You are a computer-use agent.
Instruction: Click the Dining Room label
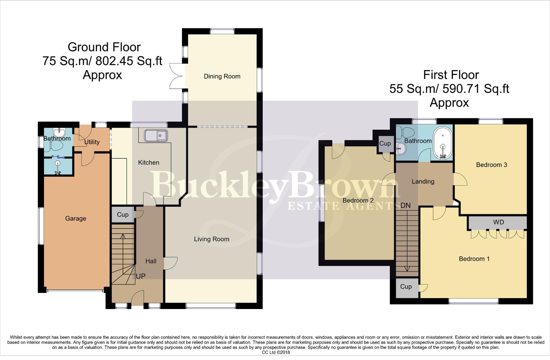[x=222, y=76]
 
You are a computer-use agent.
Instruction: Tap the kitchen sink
[x=156, y=136]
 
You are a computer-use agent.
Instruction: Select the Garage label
[x=75, y=218]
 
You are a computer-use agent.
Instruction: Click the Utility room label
[x=92, y=142]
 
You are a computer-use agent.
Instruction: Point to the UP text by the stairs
[x=141, y=276]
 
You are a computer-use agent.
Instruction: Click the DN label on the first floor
[x=405, y=205]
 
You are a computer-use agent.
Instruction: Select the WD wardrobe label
[x=498, y=222]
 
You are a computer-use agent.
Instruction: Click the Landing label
[x=423, y=182]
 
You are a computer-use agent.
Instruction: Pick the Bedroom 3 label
[x=491, y=165]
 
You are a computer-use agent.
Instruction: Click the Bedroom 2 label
[x=358, y=200]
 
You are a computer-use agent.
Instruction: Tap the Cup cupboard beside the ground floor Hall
[x=122, y=215]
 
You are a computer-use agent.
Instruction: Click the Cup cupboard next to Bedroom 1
[x=406, y=287]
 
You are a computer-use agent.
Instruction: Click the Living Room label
[x=211, y=239]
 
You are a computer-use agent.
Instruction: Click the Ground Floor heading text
[x=104, y=47]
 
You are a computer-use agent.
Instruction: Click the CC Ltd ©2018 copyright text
[x=276, y=352]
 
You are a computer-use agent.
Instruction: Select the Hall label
[x=151, y=261]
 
